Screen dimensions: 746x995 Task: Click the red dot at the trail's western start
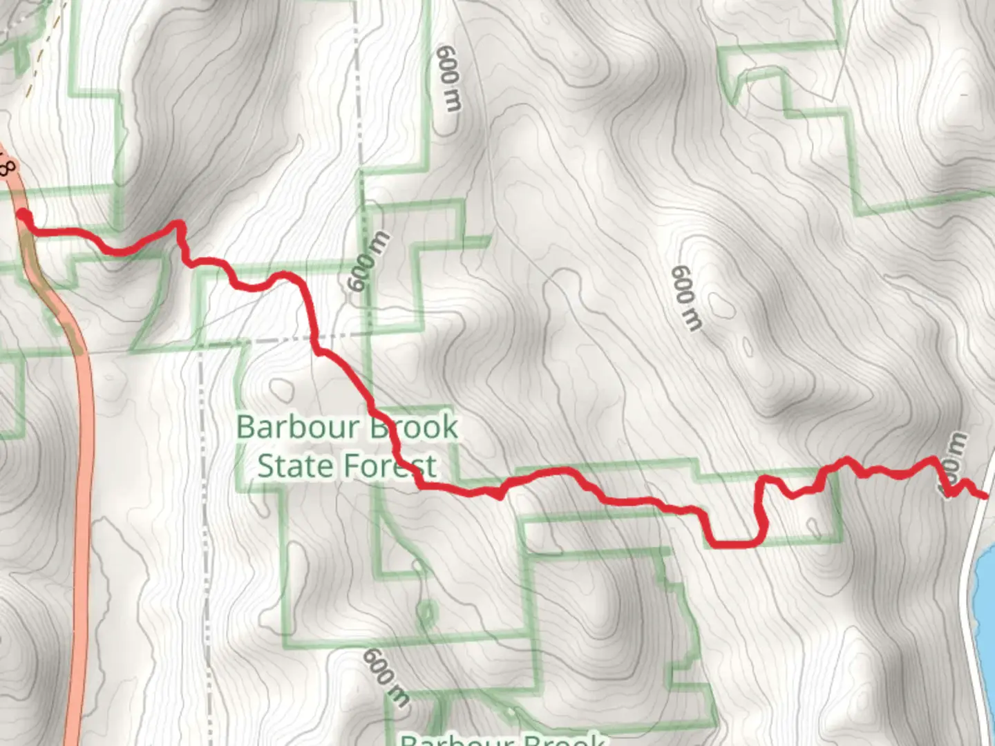click(x=23, y=216)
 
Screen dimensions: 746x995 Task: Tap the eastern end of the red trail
click(x=984, y=495)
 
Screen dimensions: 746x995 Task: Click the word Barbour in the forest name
click(x=298, y=427)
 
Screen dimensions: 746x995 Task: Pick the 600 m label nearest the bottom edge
click(x=386, y=677)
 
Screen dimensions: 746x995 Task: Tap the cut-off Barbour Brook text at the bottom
click(x=503, y=739)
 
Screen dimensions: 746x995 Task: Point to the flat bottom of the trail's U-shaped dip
click(x=737, y=543)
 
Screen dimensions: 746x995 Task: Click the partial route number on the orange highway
click(x=7, y=166)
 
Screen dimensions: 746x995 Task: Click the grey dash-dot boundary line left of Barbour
click(x=205, y=484)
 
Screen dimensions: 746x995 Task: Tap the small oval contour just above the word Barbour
click(x=281, y=389)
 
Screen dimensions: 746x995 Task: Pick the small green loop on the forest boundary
click(x=426, y=613)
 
